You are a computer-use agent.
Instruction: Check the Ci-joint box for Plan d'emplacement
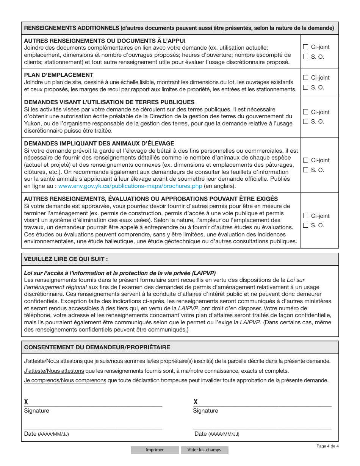tap(306, 78)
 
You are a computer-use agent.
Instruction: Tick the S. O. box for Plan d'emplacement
tap(306, 88)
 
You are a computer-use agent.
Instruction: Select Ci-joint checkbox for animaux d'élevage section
tap(306, 160)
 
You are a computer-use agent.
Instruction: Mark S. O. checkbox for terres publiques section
tap(306, 122)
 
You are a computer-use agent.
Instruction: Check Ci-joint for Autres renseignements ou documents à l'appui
tap(306, 47)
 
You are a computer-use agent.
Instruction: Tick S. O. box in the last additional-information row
tap(306, 225)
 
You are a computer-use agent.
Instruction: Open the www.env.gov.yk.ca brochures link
tap(130, 186)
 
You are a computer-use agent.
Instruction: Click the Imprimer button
tap(155, 450)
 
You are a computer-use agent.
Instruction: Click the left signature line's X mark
tap(26, 402)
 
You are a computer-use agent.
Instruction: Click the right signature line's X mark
tap(196, 402)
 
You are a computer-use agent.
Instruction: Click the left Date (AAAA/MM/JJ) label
tap(46, 434)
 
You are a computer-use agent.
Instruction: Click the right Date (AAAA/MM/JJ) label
tap(216, 434)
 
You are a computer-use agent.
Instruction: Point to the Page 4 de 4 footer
tap(327, 446)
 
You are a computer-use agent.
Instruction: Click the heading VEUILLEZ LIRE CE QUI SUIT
tap(66, 260)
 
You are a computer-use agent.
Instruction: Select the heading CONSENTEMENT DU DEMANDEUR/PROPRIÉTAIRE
tap(97, 347)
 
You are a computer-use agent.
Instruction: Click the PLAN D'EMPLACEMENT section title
tap(59, 75)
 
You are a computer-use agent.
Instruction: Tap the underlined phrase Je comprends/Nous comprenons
tap(65, 380)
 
